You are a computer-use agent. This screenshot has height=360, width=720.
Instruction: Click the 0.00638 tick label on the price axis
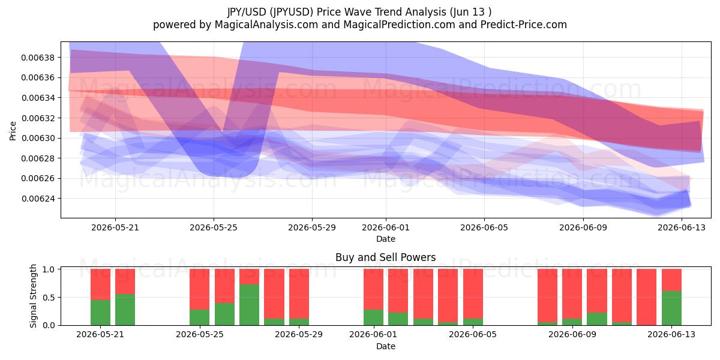[38, 58]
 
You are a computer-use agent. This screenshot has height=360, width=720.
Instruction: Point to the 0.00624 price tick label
[38, 199]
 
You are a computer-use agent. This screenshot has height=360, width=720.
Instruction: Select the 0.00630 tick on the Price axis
[38, 138]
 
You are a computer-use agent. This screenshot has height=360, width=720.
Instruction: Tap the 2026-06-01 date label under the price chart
[386, 227]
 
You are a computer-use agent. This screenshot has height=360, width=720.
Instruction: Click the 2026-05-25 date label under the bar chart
[200, 334]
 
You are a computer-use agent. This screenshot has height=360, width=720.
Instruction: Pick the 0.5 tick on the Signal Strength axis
[49, 298]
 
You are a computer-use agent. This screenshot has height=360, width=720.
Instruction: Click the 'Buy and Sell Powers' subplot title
[386, 257]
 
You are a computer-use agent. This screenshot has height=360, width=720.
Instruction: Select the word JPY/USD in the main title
[247, 12]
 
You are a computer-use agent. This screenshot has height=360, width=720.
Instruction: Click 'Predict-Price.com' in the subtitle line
[524, 25]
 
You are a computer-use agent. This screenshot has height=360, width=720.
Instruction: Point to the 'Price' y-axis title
[13, 131]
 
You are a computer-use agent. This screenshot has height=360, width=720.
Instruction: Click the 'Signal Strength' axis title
[33, 296]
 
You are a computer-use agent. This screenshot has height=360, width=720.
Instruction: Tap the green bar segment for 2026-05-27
[249, 305]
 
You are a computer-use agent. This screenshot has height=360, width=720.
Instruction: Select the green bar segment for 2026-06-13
[671, 308]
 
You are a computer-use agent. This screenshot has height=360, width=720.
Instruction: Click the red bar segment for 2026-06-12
[646, 297]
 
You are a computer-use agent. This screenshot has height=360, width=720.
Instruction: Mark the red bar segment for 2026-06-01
[373, 289]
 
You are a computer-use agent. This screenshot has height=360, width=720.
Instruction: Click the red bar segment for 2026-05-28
[274, 294]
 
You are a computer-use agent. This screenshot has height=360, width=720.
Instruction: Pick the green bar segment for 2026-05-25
[200, 317]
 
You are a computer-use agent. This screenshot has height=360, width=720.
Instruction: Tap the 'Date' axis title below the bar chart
[386, 347]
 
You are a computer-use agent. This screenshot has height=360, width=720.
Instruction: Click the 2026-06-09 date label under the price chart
[583, 227]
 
